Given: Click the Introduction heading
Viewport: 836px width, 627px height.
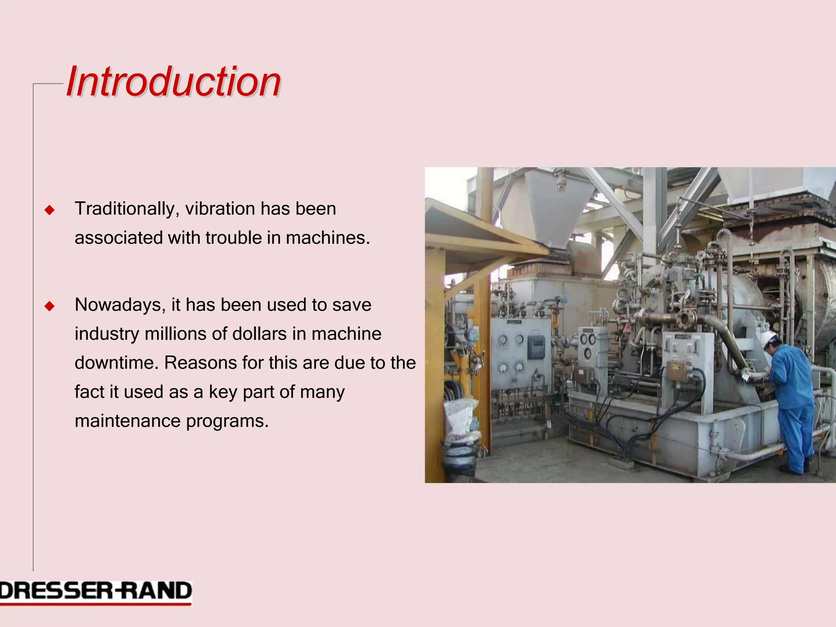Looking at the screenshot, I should [x=173, y=82].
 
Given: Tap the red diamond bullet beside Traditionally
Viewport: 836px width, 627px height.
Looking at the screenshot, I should [x=49, y=210].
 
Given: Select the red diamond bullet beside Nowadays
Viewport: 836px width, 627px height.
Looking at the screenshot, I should [x=49, y=306].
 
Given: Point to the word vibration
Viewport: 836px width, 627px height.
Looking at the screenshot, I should [x=220, y=209].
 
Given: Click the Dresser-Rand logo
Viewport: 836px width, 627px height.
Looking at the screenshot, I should [x=96, y=591].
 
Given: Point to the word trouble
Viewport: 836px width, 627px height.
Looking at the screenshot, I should [x=233, y=238].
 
